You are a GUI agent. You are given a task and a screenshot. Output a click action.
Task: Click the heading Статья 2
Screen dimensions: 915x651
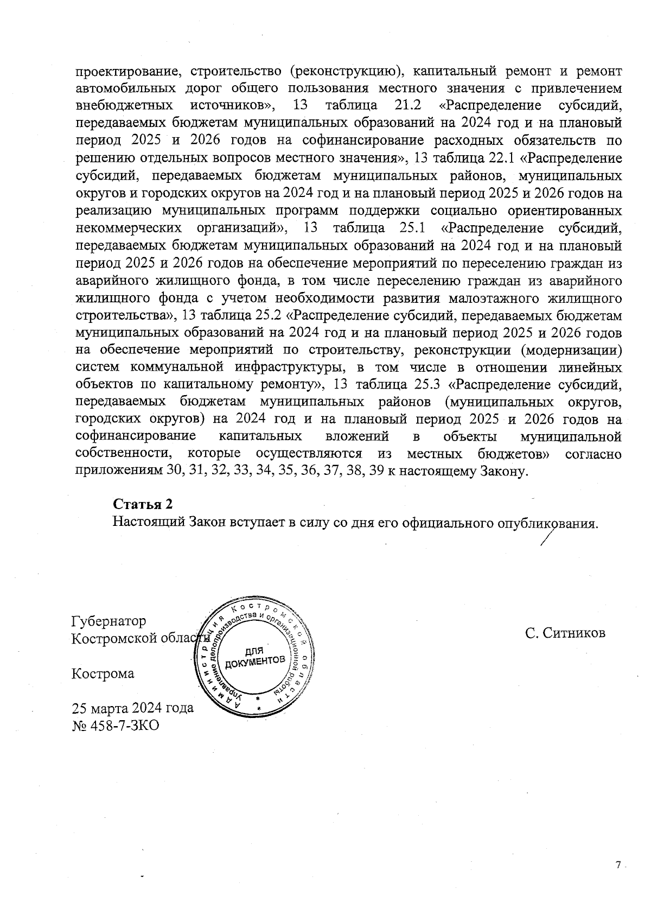point(143,504)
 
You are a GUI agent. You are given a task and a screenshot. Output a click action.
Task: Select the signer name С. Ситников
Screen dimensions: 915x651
point(565,633)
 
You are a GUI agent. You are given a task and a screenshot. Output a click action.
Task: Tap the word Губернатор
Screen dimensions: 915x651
point(109,621)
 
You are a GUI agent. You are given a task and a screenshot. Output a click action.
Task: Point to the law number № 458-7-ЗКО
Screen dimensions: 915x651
point(116,725)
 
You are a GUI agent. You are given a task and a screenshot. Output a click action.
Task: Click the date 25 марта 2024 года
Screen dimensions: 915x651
point(133,708)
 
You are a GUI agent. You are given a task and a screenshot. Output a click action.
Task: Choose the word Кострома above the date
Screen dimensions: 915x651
point(103,673)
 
